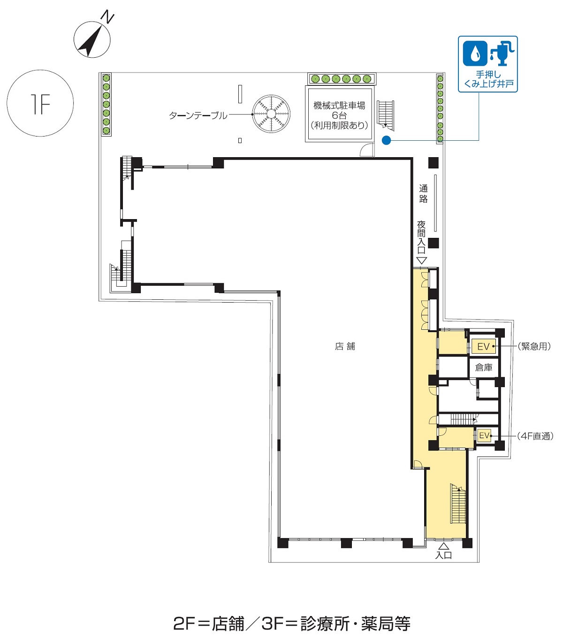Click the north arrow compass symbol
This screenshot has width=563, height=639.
[x=92, y=39]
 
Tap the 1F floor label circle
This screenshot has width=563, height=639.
[x=40, y=103]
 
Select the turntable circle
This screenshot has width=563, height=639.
[x=271, y=114]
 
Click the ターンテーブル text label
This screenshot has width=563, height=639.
[x=198, y=115]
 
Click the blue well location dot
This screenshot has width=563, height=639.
[x=387, y=140]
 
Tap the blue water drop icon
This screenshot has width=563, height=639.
[x=475, y=53]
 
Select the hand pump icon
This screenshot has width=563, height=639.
[x=502, y=53]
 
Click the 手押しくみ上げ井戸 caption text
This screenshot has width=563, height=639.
[x=488, y=79]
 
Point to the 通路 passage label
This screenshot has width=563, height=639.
[x=423, y=194]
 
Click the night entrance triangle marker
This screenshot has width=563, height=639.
[x=422, y=260]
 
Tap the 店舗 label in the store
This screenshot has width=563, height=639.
[x=345, y=346]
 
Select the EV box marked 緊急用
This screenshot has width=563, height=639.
[x=484, y=347]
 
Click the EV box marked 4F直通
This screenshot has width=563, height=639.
[x=484, y=435]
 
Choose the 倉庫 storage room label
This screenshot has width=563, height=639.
[x=484, y=367]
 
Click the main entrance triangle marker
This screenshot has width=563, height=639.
[x=444, y=546]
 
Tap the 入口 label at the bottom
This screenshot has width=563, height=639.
[x=444, y=555]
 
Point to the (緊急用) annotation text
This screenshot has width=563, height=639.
[x=534, y=346]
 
